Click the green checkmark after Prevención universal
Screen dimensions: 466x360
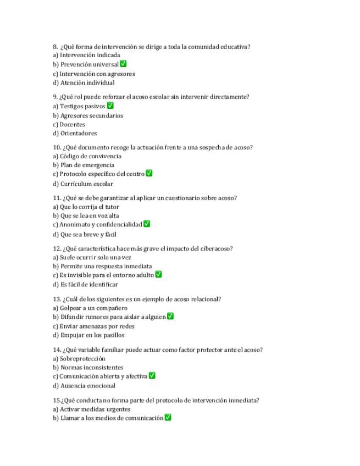pos(123,64)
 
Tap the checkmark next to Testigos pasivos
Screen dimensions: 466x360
pos(110,106)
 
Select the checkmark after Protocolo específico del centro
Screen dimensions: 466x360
pos(149,174)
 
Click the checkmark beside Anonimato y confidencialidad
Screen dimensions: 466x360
pos(147,224)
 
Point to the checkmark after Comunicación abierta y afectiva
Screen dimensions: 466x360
pos(152,376)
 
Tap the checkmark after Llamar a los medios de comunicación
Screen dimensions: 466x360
pos(168,418)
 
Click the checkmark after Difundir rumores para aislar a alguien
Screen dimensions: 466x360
pos(170,317)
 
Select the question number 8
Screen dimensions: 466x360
pos(55,47)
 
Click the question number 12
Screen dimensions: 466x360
pos(57,248)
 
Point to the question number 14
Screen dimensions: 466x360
pos(57,349)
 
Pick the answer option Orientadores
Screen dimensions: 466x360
pos(74,133)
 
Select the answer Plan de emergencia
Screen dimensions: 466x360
pos(84,165)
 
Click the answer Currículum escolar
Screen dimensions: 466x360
pos(83,184)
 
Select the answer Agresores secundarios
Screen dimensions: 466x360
pos(88,115)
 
